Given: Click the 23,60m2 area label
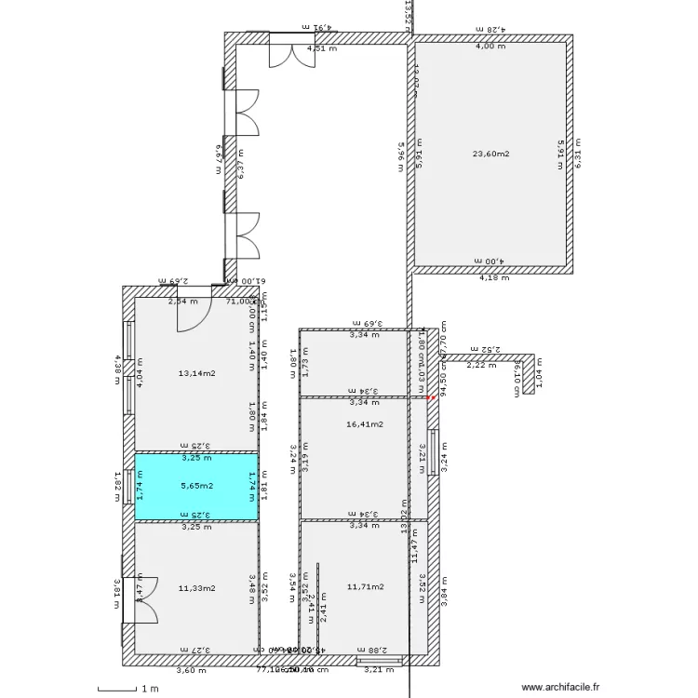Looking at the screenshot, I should coord(491,154).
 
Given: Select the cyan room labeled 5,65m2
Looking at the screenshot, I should coord(195,485).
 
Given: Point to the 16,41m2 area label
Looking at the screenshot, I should coord(364,423).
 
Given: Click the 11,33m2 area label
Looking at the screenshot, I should coord(196,587).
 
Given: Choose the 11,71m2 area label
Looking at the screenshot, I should coord(365,586).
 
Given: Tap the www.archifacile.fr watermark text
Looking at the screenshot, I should coord(561,688).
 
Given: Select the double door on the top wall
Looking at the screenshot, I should coord(286,51).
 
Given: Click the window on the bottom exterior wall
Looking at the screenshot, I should coord(380,661).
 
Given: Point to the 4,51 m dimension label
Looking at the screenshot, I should coord(322,48).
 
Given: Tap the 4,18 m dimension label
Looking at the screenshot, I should coord(491,277).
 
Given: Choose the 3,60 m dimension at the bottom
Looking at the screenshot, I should coord(190,669).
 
